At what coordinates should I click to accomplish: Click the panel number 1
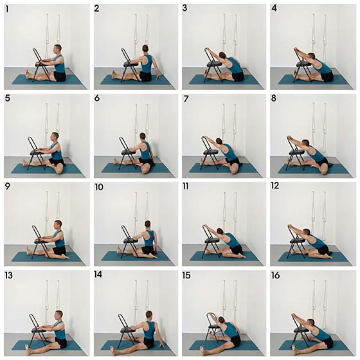(8, 9)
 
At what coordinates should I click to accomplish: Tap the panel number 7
(186, 99)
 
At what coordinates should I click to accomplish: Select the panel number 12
(275, 186)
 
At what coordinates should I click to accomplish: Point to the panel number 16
(276, 275)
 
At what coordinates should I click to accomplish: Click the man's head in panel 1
(57, 49)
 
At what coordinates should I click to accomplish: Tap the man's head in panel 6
(143, 136)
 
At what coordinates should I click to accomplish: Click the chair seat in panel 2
(131, 64)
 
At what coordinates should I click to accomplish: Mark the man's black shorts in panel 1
(60, 76)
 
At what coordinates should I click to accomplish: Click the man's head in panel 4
(311, 56)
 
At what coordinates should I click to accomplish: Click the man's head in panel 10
(148, 225)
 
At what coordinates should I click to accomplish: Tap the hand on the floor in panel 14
(162, 345)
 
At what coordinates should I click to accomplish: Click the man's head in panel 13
(59, 315)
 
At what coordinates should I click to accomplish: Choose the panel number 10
(99, 187)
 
